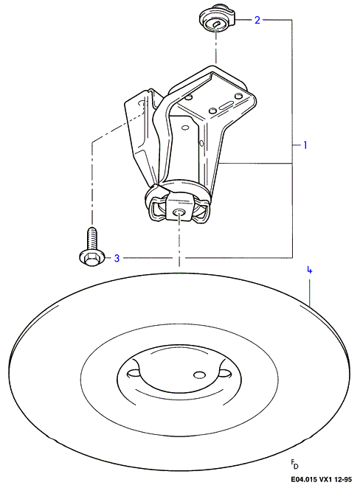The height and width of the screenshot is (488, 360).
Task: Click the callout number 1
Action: point(305,145)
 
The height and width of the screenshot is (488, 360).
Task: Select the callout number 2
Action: point(257,20)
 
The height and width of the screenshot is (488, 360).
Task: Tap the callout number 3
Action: point(117,258)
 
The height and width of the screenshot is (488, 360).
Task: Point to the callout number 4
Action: point(309,270)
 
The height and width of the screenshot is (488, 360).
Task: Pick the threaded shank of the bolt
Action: point(92,238)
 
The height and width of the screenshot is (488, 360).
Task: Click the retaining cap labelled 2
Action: point(217,20)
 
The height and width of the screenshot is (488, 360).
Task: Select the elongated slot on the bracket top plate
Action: point(227,105)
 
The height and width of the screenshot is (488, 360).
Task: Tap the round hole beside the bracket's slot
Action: point(212,111)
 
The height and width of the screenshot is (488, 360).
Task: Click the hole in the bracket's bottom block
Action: point(179,212)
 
